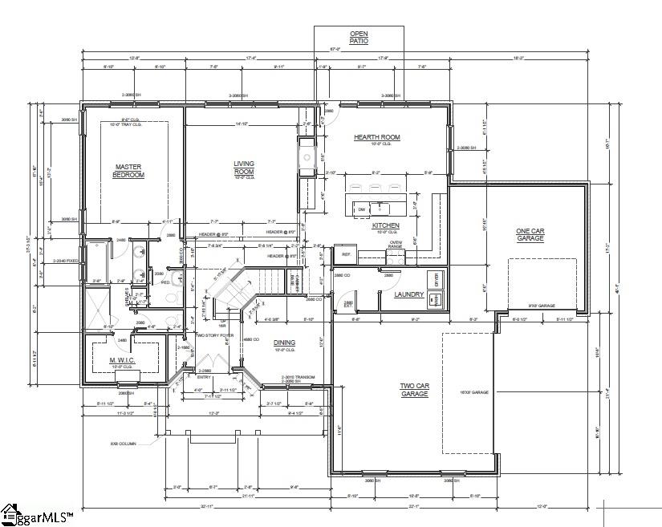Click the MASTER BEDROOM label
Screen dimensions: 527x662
[x=128, y=171]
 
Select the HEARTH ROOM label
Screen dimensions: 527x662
[x=376, y=137]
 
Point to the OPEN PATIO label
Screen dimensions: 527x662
[x=359, y=37]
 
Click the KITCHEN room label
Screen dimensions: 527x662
[x=385, y=226]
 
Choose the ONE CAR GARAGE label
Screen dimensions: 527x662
[x=530, y=235]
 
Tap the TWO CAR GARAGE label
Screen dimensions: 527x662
[x=415, y=390]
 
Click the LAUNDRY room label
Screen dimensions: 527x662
[x=408, y=294]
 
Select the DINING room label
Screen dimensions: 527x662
[x=284, y=343]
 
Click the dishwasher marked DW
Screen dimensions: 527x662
[x=362, y=210]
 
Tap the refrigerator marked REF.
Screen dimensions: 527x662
[x=347, y=254]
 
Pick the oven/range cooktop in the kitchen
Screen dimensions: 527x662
[x=395, y=255]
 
